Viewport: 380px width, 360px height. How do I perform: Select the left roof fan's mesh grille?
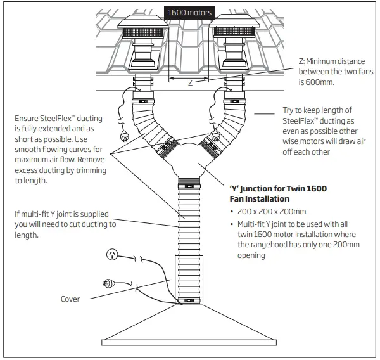pyautogui.click(x=145, y=30)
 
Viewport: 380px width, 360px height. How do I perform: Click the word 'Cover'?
pyautogui.click(x=70, y=299)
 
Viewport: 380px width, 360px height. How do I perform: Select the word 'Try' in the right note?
pyautogui.click(x=289, y=110)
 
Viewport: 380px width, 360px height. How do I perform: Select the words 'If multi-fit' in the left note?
pyautogui.click(x=33, y=214)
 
